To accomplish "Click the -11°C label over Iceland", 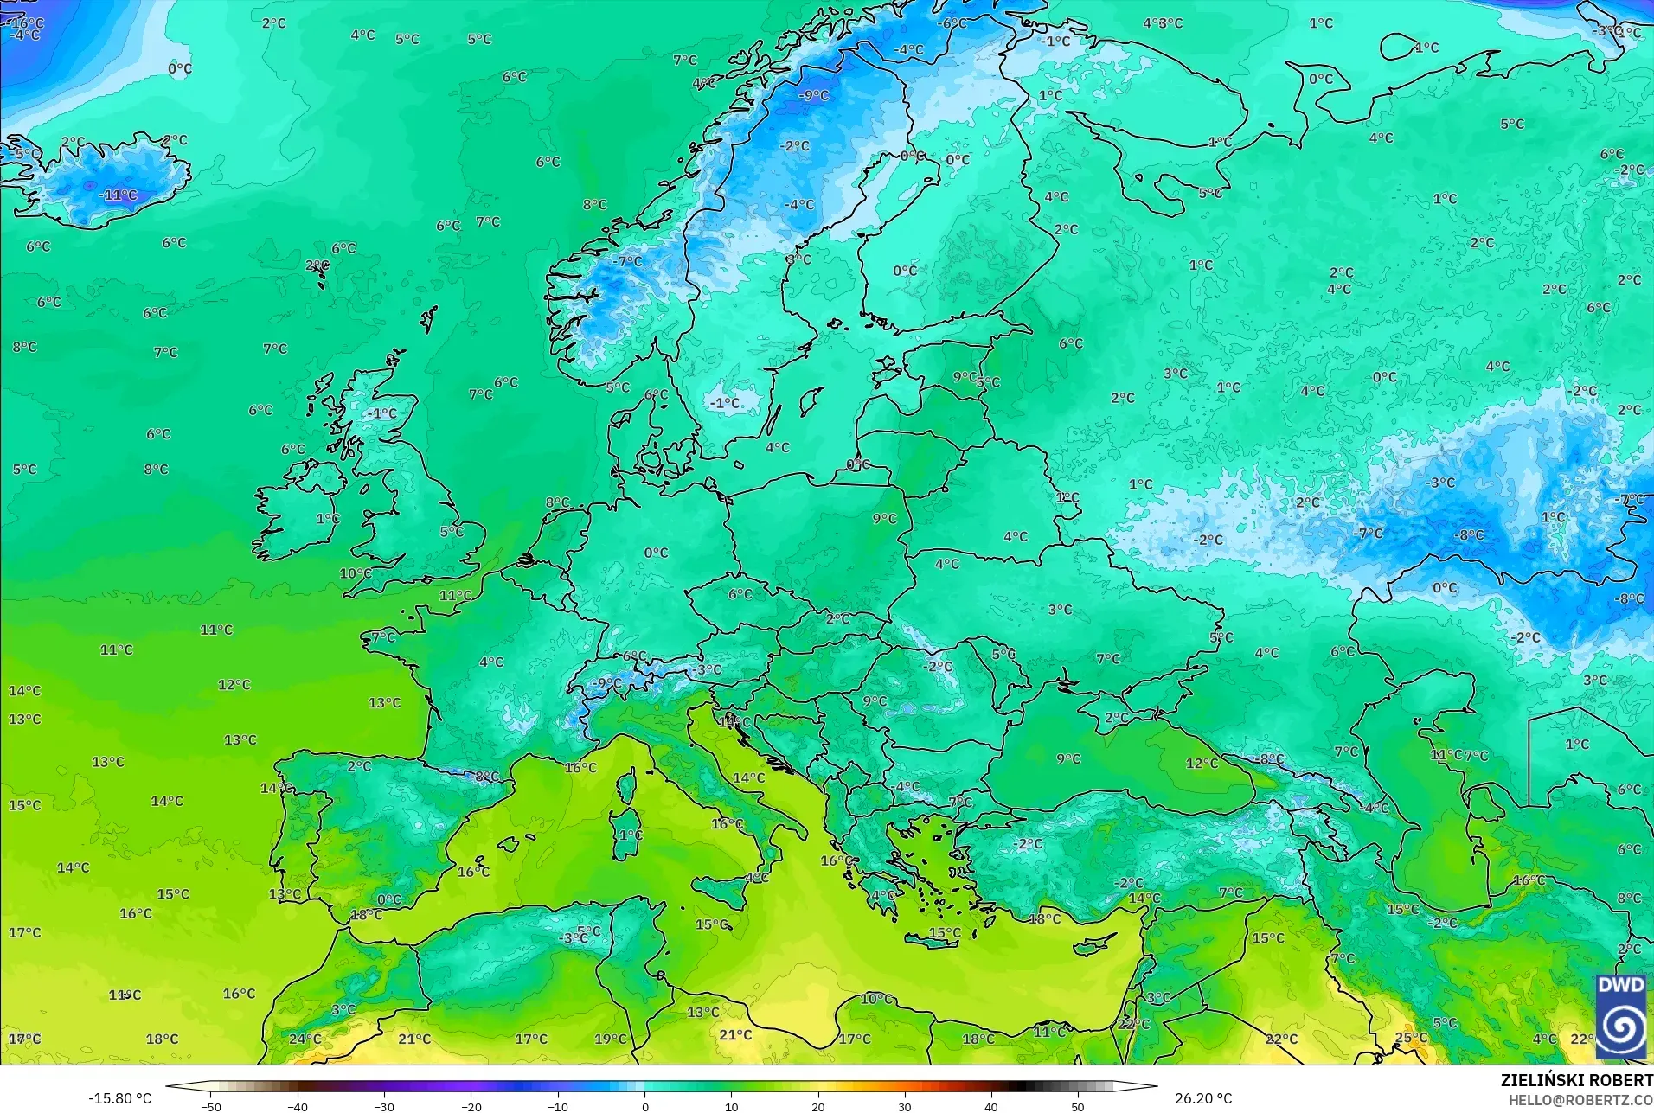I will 118,195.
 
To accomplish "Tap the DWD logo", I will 1621,1016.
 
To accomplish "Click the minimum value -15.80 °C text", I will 119,1098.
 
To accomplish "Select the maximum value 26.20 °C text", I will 1202,1098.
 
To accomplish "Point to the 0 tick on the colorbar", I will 644,1106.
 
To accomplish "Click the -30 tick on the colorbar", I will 384,1106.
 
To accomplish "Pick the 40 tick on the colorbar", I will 991,1106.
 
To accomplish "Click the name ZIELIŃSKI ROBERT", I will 1576,1080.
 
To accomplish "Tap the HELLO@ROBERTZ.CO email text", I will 1580,1100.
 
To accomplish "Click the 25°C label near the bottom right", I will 1411,1038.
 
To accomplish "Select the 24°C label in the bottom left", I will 305,1039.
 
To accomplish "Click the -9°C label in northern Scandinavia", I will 813,95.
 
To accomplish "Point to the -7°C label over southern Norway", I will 628,260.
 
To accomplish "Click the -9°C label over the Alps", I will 606,682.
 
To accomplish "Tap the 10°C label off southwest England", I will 355,573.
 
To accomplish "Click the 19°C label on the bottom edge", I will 610,1039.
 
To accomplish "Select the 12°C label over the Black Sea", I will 1202,763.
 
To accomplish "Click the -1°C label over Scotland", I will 381,413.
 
